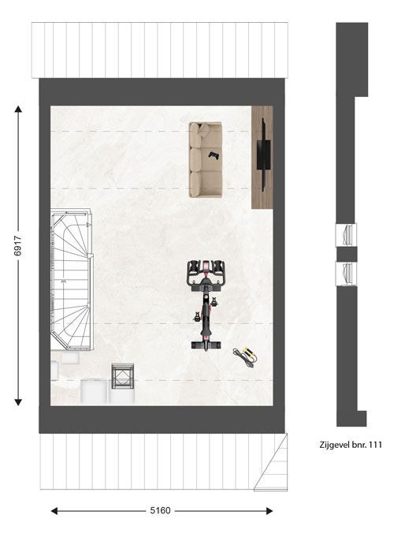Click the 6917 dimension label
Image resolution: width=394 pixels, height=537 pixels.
(x=17, y=245)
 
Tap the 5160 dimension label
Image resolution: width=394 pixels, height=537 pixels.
(x=160, y=511)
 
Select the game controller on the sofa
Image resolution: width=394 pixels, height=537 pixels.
(x=214, y=155)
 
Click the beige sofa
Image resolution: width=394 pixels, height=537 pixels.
(x=206, y=160)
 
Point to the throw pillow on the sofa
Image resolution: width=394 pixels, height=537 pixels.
(x=204, y=129)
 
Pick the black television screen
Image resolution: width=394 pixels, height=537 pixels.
(x=264, y=155)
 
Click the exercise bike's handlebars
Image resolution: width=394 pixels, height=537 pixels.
(x=206, y=272)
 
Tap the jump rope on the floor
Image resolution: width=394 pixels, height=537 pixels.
(x=245, y=357)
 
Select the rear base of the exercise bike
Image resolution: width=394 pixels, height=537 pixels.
(x=206, y=345)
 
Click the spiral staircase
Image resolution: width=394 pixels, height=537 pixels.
(x=72, y=280)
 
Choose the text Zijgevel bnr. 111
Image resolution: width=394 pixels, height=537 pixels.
(x=351, y=445)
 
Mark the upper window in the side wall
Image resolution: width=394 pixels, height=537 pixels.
(x=346, y=235)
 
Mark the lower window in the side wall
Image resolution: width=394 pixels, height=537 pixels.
(x=346, y=274)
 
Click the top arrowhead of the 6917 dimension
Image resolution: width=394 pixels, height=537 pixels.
(x=18, y=110)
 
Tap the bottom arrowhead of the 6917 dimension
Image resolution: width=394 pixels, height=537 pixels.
(x=18, y=402)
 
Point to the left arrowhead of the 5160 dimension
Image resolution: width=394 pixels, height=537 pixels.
(x=54, y=511)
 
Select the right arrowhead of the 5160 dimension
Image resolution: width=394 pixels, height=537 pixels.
(x=269, y=511)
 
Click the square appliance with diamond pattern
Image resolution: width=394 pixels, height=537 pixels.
(x=123, y=376)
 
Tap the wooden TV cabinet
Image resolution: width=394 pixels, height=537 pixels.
(x=262, y=157)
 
